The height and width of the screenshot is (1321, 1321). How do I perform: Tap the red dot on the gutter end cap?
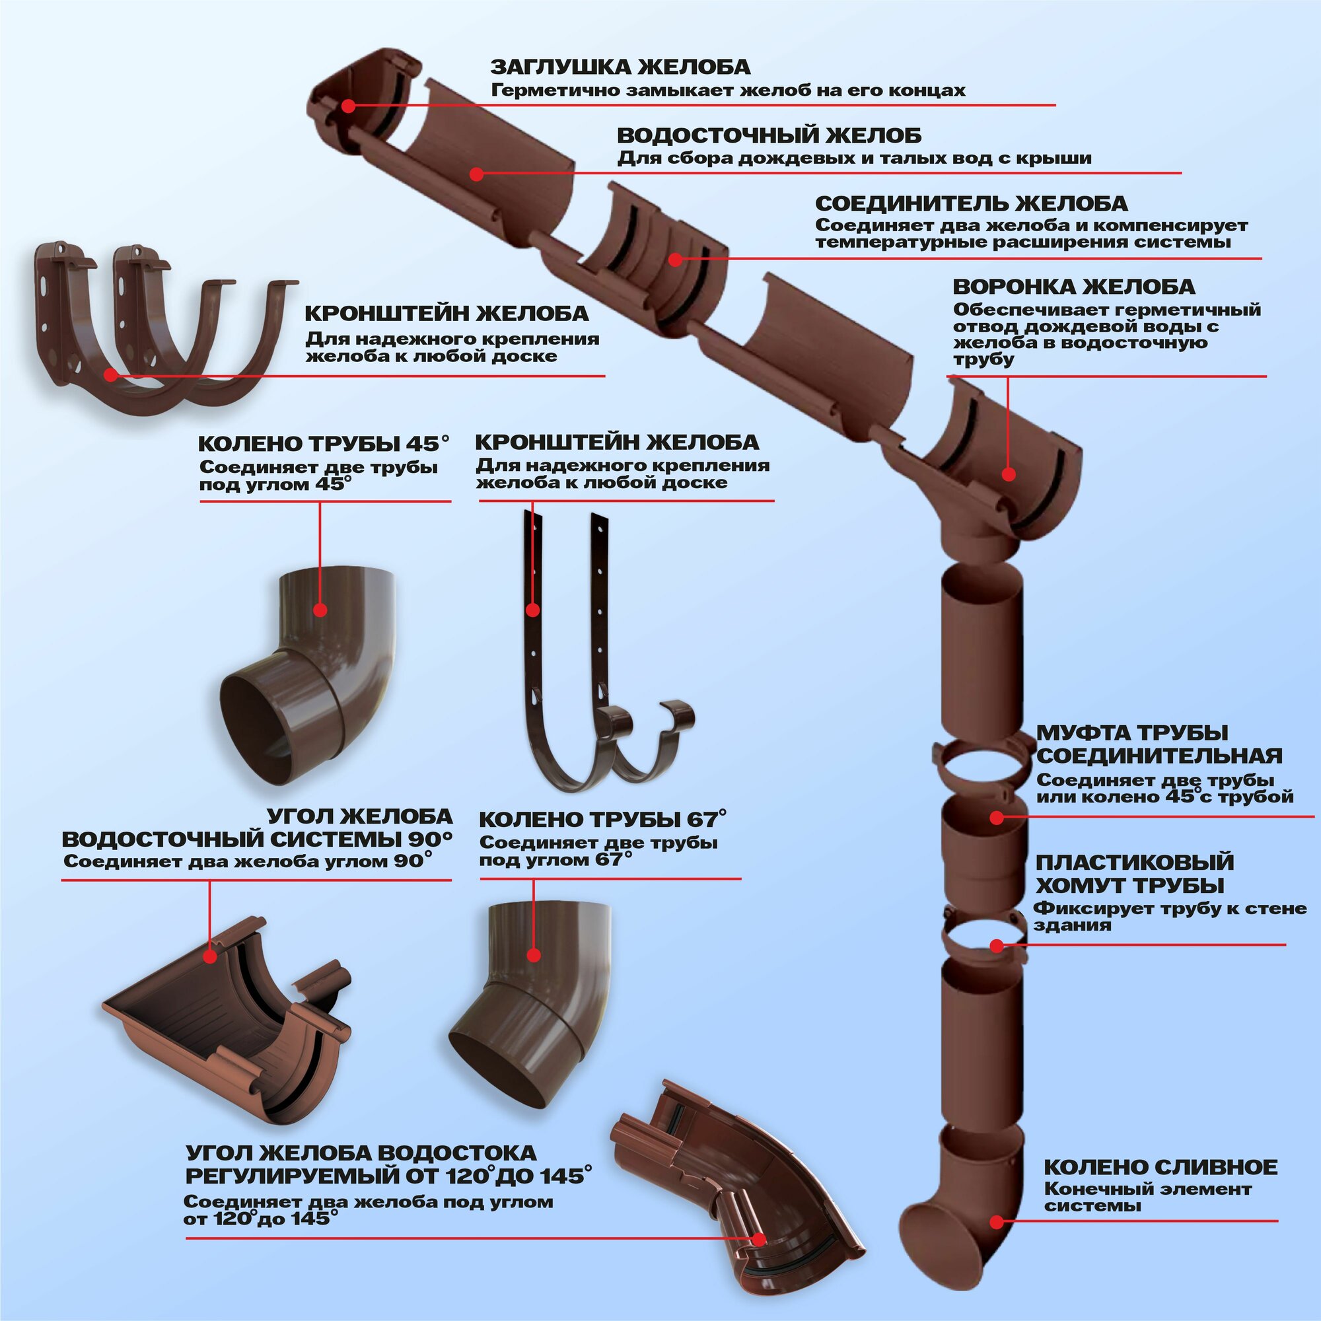point(348,106)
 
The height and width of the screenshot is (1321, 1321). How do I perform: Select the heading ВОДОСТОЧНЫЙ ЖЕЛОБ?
point(769,135)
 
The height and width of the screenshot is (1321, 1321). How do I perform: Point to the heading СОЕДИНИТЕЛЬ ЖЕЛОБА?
point(972,203)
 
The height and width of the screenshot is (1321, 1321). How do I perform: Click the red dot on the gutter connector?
point(676,259)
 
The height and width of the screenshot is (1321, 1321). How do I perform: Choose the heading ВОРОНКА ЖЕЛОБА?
point(1073,287)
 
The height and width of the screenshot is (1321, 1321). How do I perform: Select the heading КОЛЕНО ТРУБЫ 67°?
point(602,819)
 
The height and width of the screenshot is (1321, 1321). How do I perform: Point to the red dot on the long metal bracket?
point(532,610)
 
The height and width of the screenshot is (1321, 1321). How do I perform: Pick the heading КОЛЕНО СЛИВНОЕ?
point(1160,1166)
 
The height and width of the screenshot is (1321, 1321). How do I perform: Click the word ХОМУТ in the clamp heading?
point(1079,886)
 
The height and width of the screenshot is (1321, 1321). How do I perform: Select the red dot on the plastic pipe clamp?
point(997,946)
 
